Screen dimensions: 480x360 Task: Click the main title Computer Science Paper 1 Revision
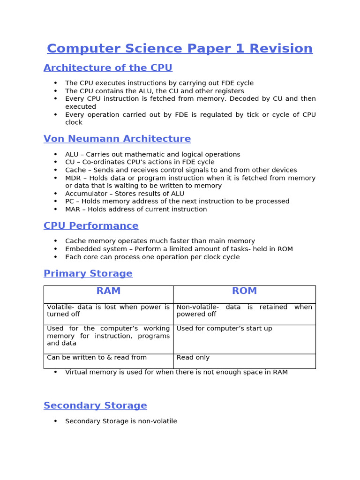(x=180, y=49)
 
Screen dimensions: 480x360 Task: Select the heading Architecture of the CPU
(x=108, y=68)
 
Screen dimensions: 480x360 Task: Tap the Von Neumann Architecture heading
(x=117, y=139)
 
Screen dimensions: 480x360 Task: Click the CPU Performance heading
(x=91, y=226)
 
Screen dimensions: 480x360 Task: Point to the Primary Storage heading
(x=88, y=274)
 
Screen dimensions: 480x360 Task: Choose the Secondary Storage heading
(x=95, y=406)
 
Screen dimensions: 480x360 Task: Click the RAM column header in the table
(x=108, y=291)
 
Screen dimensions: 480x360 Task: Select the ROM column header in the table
(x=244, y=291)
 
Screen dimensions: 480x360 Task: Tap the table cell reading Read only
(x=193, y=358)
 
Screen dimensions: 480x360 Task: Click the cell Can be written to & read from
(x=97, y=358)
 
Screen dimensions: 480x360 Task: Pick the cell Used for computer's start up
(x=224, y=329)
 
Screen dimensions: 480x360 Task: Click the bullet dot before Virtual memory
(x=55, y=372)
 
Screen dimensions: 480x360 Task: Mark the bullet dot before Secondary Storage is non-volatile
(x=55, y=421)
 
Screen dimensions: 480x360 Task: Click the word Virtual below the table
(x=76, y=372)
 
